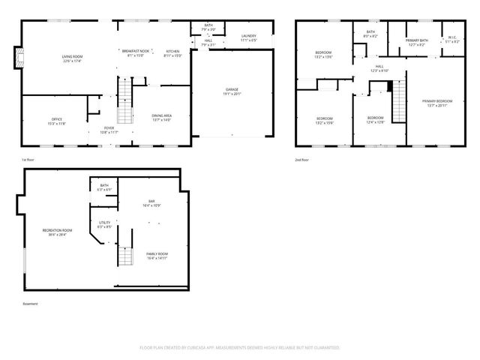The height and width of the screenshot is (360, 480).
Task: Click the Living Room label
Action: click(72, 57)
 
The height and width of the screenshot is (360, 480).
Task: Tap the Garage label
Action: click(232, 90)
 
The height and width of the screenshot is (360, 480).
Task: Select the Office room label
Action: click(56, 119)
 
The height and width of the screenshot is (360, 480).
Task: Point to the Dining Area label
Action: click(161, 115)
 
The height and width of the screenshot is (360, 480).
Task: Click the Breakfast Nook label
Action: click(135, 51)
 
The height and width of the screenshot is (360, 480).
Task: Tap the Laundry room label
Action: click(250, 36)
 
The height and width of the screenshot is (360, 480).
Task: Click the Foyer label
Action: click(109, 128)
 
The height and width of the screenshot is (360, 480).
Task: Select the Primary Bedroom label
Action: click(437, 101)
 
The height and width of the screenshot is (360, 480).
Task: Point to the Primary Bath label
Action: click(417, 40)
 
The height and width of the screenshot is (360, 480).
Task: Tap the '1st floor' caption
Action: click(28, 160)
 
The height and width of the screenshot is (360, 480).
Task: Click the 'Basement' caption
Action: click(30, 304)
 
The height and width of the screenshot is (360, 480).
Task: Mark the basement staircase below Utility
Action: click(124, 256)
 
